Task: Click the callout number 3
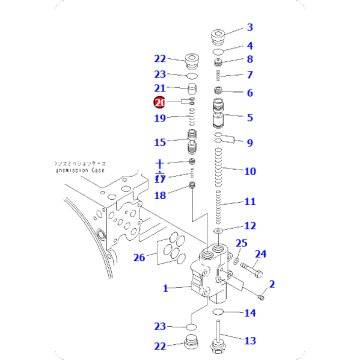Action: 250,27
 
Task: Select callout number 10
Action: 250,171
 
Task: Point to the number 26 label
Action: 139,257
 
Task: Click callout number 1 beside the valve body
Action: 167,288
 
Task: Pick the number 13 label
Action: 250,341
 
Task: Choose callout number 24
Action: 261,253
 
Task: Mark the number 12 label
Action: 250,226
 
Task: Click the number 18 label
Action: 160,195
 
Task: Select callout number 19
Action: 160,118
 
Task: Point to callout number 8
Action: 250,60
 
